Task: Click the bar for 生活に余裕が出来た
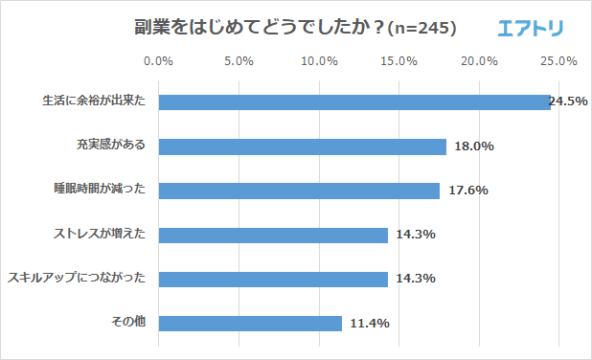point(354,101)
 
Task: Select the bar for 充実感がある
point(302,146)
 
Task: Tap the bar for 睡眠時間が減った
point(299,191)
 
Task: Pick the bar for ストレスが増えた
point(273,235)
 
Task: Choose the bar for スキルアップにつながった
point(273,279)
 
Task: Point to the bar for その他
point(250,324)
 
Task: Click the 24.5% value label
point(568,101)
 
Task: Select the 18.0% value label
point(474,146)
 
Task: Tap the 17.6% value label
point(467,191)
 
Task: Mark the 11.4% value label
point(369,324)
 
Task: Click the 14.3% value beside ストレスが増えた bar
point(416,235)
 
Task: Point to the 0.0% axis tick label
point(158,62)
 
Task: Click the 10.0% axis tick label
point(318,62)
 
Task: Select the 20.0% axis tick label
point(478,62)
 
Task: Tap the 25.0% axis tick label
point(558,62)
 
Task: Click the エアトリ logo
point(531,29)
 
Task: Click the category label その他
point(127,323)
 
